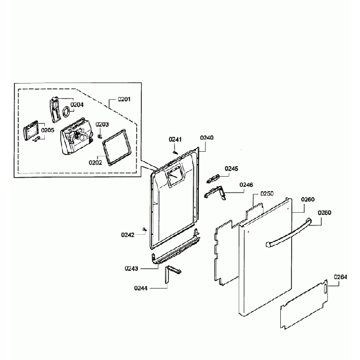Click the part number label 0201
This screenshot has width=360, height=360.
(x=124, y=99)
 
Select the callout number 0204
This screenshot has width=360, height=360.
(x=77, y=105)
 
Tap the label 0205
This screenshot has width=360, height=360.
(x=48, y=130)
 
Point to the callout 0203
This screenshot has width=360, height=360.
(x=102, y=125)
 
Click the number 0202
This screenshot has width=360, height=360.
(x=95, y=162)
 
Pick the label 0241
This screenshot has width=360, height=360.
(x=175, y=140)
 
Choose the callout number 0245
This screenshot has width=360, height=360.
(x=232, y=169)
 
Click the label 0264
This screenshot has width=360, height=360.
(x=341, y=277)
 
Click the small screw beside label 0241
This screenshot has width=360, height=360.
(x=176, y=152)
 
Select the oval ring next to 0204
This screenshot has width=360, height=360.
(x=66, y=112)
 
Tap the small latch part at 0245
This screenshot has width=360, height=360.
(x=213, y=179)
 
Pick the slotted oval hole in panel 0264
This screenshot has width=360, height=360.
(x=325, y=289)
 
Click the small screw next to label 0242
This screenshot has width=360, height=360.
(x=145, y=229)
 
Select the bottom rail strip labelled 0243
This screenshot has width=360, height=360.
(x=176, y=251)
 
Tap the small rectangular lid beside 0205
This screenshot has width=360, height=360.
(x=31, y=130)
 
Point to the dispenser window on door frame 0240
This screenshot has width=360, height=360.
(x=174, y=177)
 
